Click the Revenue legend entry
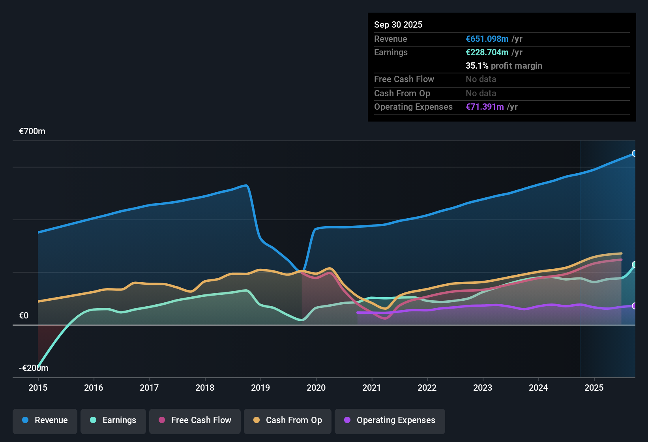pyautogui.click(x=45, y=420)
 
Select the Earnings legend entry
pyautogui.click(x=113, y=420)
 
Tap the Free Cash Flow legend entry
pyautogui.click(x=195, y=420)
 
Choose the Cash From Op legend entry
pyautogui.click(x=288, y=420)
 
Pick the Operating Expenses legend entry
pyautogui.click(x=390, y=420)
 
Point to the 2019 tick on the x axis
pyautogui.click(x=260, y=388)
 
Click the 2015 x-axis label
pyautogui.click(x=38, y=388)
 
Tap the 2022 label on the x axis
pyautogui.click(x=427, y=388)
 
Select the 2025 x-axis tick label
pyautogui.click(x=594, y=388)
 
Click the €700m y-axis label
pyautogui.click(x=32, y=131)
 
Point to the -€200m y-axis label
pyautogui.click(x=34, y=368)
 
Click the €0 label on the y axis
pyautogui.click(x=24, y=316)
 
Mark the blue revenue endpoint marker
pyautogui.click(x=634, y=154)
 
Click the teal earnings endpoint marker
pyautogui.click(x=634, y=264)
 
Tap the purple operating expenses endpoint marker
pyautogui.click(x=634, y=306)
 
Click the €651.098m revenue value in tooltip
pyautogui.click(x=487, y=39)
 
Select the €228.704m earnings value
pyautogui.click(x=487, y=52)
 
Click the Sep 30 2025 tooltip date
pyautogui.click(x=398, y=25)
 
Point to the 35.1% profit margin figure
pyautogui.click(x=477, y=66)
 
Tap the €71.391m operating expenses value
pyautogui.click(x=485, y=107)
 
